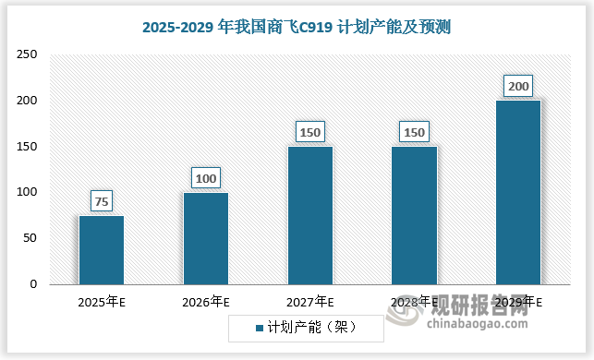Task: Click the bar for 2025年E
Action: pyautogui.click(x=102, y=249)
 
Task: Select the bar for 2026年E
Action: pyautogui.click(x=206, y=238)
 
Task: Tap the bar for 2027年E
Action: pyautogui.click(x=310, y=215)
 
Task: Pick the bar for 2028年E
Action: pyautogui.click(x=414, y=215)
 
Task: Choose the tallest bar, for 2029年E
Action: pyautogui.click(x=518, y=192)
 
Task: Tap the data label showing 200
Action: pyautogui.click(x=518, y=87)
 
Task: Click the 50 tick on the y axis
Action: pyautogui.click(x=30, y=238)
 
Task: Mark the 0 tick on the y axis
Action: pyautogui.click(x=33, y=284)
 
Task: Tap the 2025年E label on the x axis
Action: pyautogui.click(x=102, y=302)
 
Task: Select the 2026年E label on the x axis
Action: pyautogui.click(x=206, y=302)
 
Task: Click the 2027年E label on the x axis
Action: pyautogui.click(x=310, y=302)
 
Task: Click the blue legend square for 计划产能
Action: pyautogui.click(x=259, y=327)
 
